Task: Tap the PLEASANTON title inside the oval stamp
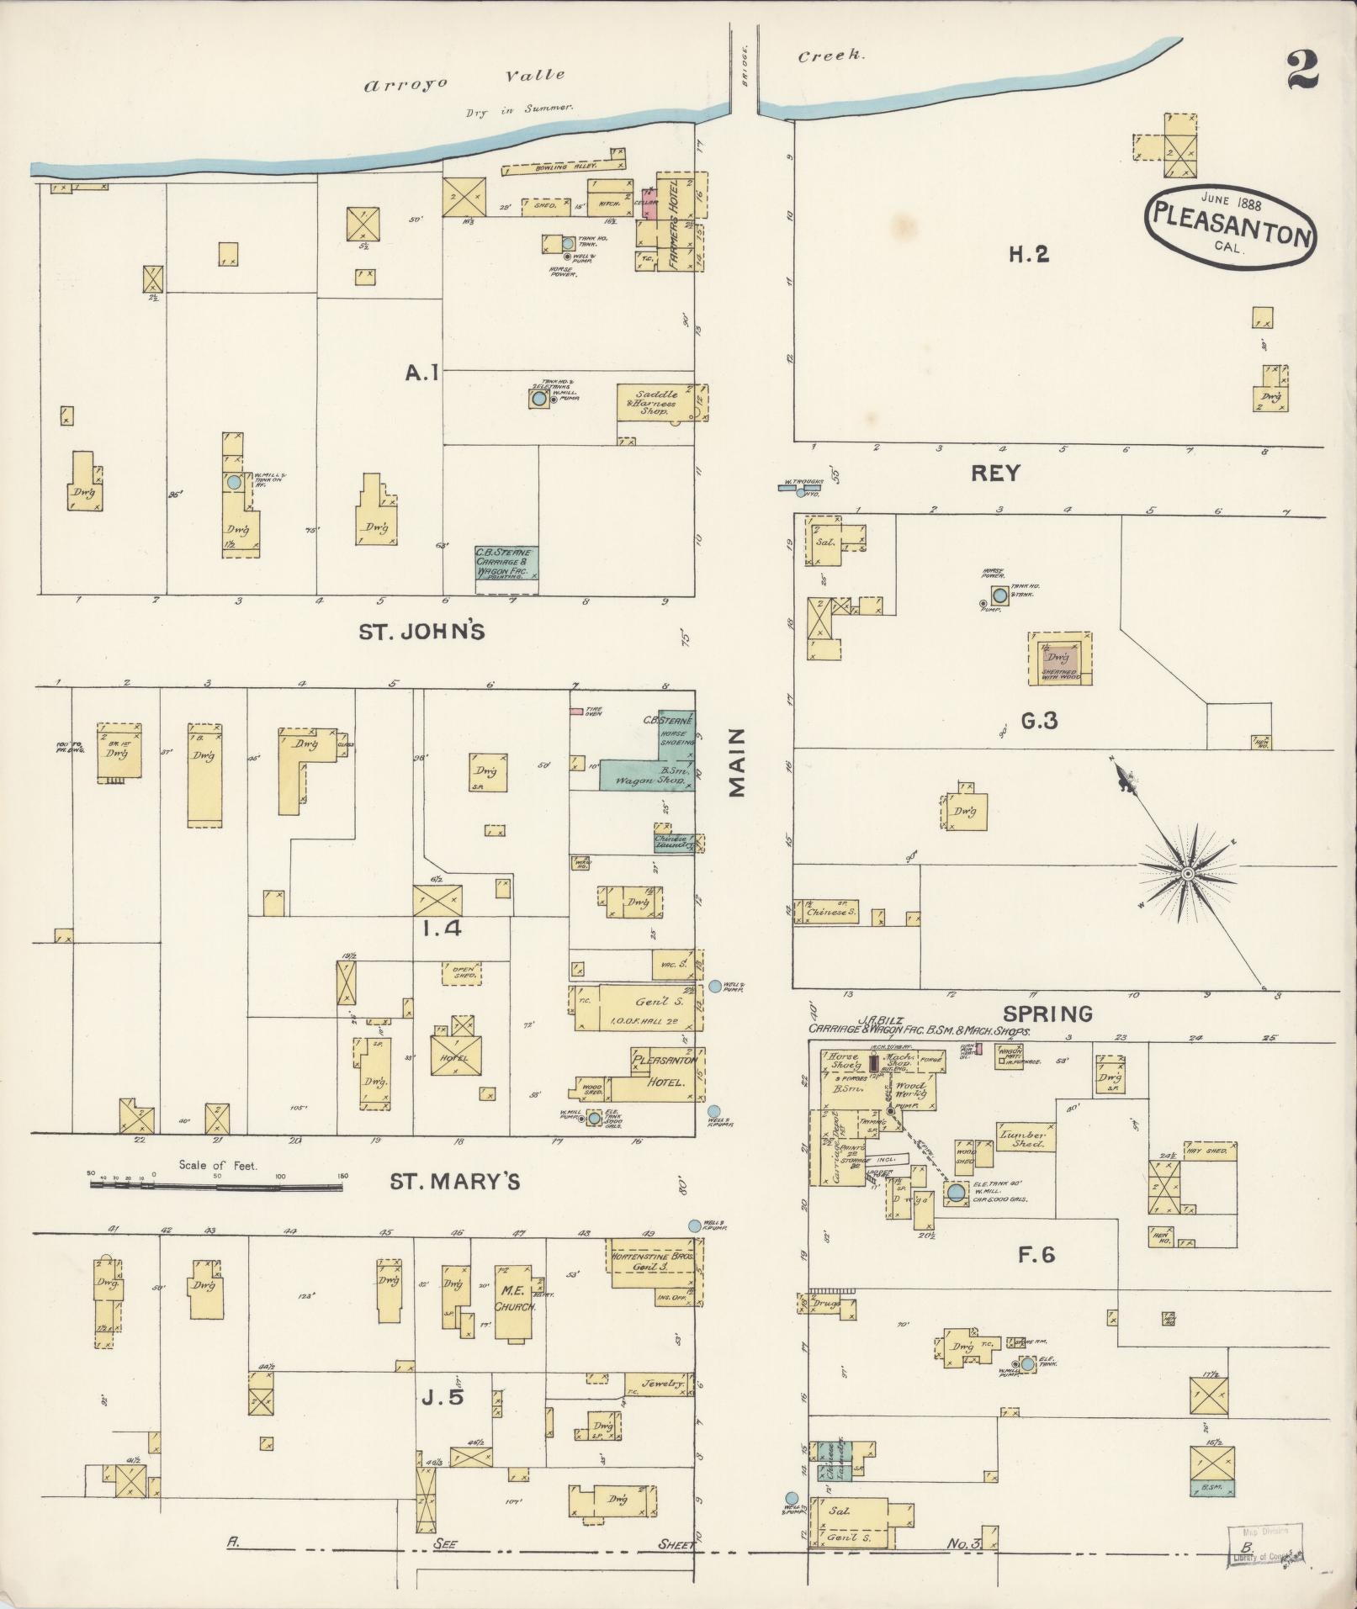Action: pyautogui.click(x=1229, y=225)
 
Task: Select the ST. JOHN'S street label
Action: pyautogui.click(x=421, y=631)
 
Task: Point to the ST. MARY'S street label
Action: pyautogui.click(x=454, y=1183)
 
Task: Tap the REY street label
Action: pyautogui.click(x=995, y=473)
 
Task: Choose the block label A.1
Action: pyautogui.click(x=422, y=371)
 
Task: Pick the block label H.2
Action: pyautogui.click(x=1029, y=254)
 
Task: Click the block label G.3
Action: pyautogui.click(x=1038, y=720)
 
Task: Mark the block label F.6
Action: pyautogui.click(x=1036, y=1255)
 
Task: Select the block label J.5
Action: pyautogui.click(x=443, y=1397)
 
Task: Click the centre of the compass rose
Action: pyautogui.click(x=1187, y=875)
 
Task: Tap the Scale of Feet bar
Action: pyautogui.click(x=216, y=1187)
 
